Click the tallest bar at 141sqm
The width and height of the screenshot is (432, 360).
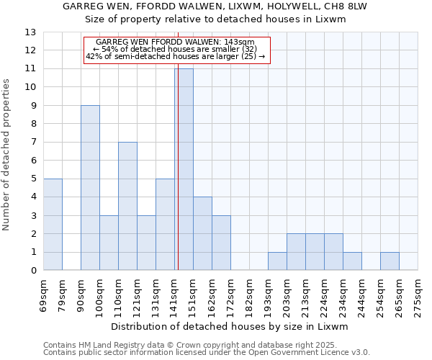(184, 169)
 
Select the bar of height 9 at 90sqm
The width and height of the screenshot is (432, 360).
(90, 187)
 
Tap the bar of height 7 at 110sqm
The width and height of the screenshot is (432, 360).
(127, 206)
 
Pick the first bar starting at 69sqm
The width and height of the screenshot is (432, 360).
(53, 224)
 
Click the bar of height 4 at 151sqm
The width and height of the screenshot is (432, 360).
(202, 233)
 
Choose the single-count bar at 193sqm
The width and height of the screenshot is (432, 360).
(277, 261)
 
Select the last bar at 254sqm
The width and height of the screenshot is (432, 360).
(390, 261)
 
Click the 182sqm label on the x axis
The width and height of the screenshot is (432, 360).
(250, 292)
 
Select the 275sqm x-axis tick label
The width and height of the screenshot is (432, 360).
(418, 292)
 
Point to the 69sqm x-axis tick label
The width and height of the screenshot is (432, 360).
(44, 292)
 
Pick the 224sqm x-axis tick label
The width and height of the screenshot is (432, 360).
(325, 292)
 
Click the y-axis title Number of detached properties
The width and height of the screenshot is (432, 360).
(7, 151)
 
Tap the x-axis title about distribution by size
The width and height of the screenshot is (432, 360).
(230, 327)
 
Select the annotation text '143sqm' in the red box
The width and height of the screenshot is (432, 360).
(242, 42)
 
